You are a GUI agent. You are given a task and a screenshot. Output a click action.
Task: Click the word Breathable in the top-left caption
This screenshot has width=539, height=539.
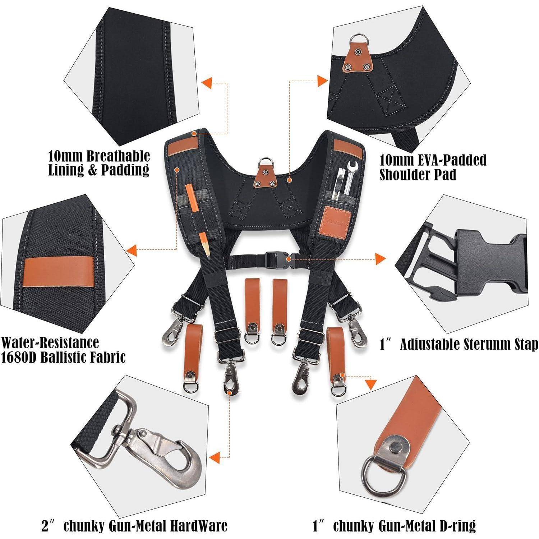(x=119, y=156)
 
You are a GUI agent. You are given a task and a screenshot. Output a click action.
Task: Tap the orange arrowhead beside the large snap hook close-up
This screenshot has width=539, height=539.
(x=215, y=457)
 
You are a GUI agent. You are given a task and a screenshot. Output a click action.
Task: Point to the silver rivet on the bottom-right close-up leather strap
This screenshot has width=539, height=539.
(x=396, y=448)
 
